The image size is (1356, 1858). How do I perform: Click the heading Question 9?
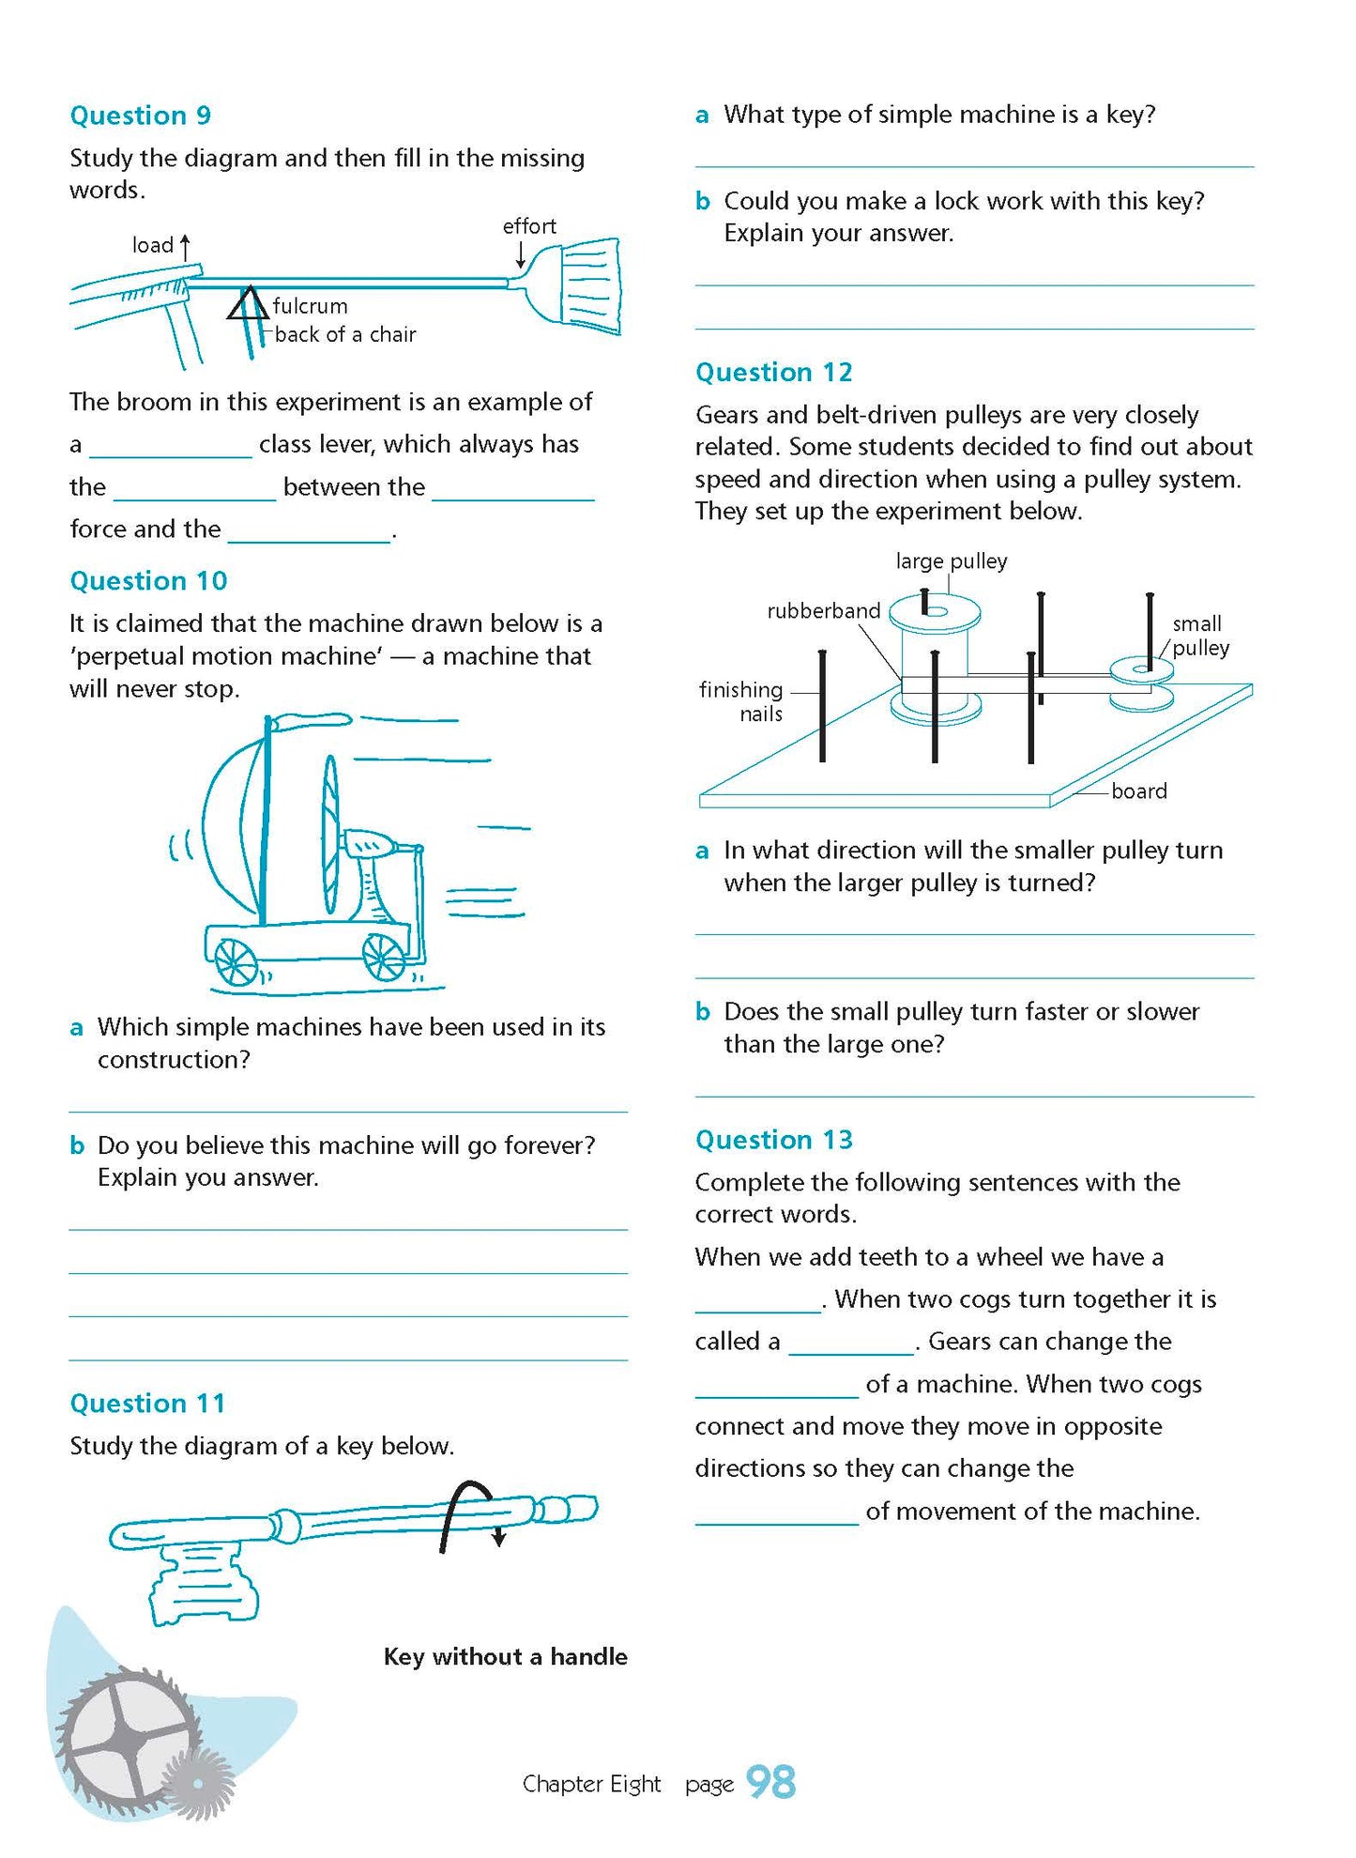coord(141,115)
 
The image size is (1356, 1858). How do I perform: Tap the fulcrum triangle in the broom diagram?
coord(248,305)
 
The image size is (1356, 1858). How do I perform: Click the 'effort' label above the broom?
coord(529,226)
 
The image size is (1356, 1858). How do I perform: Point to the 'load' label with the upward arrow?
coord(154,245)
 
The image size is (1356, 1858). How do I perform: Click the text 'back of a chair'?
coord(345,334)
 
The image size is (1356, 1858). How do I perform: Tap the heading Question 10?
coord(148,581)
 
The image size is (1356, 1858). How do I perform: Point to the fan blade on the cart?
coord(330,835)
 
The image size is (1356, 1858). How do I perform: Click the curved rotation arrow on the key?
coord(469,1512)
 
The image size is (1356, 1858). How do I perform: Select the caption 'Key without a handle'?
coord(505,1656)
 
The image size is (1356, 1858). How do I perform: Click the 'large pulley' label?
coord(951,561)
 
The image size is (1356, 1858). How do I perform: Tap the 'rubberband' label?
coord(823,611)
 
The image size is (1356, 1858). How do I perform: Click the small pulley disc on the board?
coord(1141,670)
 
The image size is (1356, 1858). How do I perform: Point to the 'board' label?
coord(1138,791)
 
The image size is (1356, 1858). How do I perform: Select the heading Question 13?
coord(773,1140)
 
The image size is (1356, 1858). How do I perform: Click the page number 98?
coord(770,1782)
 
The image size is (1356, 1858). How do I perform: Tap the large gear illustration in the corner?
coord(127,1737)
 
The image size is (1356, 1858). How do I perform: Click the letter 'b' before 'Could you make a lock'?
coord(702,201)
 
